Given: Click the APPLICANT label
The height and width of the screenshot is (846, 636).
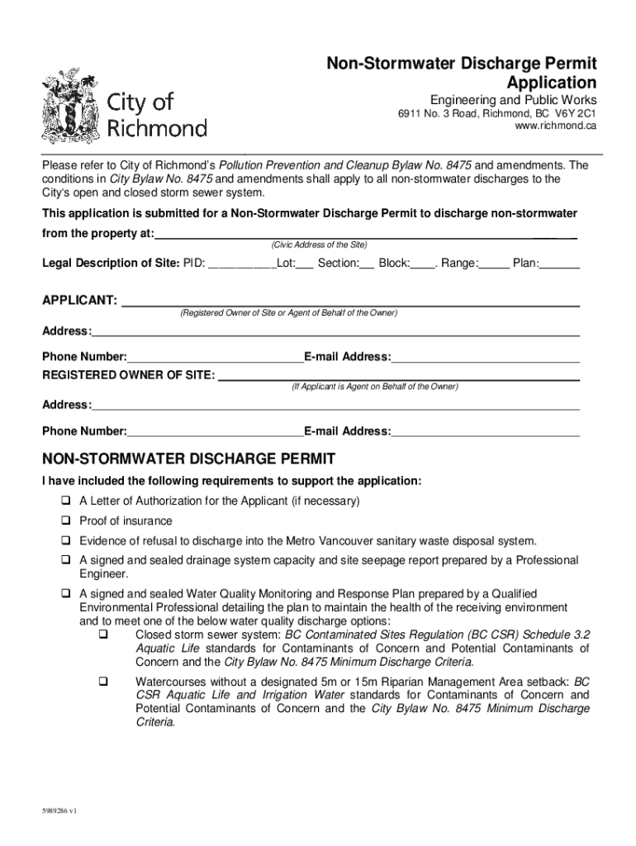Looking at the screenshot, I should click(79, 299).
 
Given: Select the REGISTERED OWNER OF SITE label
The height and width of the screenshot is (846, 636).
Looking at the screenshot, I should click(128, 375).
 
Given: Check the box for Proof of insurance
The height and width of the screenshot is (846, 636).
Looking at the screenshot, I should click(64, 521).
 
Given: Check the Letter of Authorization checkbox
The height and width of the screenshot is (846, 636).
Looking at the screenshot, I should click(64, 501).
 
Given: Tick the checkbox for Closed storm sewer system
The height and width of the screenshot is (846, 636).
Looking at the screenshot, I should click(104, 635).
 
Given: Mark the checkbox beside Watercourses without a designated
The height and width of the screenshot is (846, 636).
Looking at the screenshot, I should click(104, 682).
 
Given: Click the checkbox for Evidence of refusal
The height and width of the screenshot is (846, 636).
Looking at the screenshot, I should click(64, 541).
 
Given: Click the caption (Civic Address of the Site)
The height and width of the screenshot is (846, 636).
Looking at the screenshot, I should click(319, 245).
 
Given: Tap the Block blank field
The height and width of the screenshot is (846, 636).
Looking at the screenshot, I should click(423, 264).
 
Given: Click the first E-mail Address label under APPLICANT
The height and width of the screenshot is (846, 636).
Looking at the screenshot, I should click(347, 357).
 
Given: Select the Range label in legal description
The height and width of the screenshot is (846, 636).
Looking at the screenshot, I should click(458, 264).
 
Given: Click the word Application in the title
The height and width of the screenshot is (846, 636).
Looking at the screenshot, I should click(552, 83).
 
